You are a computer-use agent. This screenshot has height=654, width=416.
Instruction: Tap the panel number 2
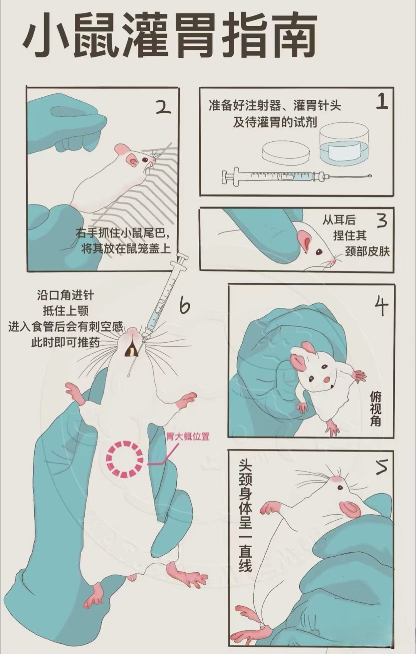[163, 107]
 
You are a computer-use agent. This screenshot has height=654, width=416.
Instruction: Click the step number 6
[185, 305]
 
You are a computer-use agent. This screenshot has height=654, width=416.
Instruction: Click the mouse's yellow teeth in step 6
[133, 352]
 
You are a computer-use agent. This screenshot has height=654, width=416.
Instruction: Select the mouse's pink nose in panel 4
[326, 379]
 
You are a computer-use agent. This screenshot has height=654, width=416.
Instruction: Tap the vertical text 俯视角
[376, 408]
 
